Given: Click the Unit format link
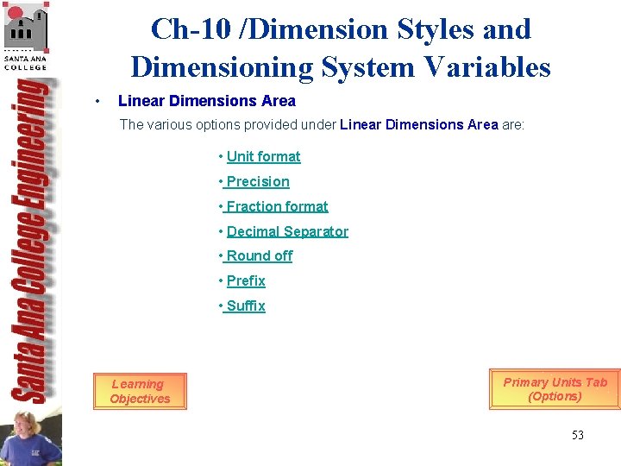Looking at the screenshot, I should [263, 156].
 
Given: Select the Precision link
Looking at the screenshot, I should [257, 181].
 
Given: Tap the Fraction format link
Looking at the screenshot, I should [276, 206].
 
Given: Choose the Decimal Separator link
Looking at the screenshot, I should [287, 231].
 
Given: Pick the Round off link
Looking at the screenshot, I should [259, 255].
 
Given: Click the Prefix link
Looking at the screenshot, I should [246, 280].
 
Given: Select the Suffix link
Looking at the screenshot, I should [245, 305].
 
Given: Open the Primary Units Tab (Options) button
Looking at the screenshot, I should [555, 389].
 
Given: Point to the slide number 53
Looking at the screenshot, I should [577, 435].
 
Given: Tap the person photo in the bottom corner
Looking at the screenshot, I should [30, 436].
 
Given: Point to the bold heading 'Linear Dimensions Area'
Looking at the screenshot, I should [206, 101].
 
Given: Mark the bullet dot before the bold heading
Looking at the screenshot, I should [100, 102].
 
